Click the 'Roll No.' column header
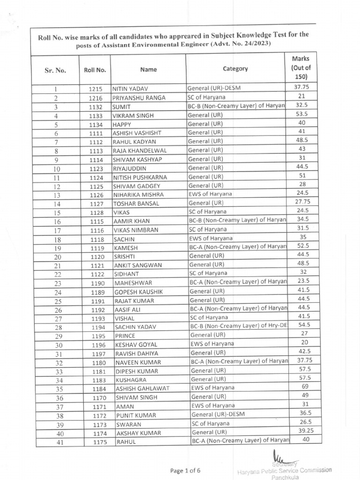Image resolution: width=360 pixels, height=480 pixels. (x=95, y=70)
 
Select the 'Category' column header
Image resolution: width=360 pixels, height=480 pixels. (x=235, y=69)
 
